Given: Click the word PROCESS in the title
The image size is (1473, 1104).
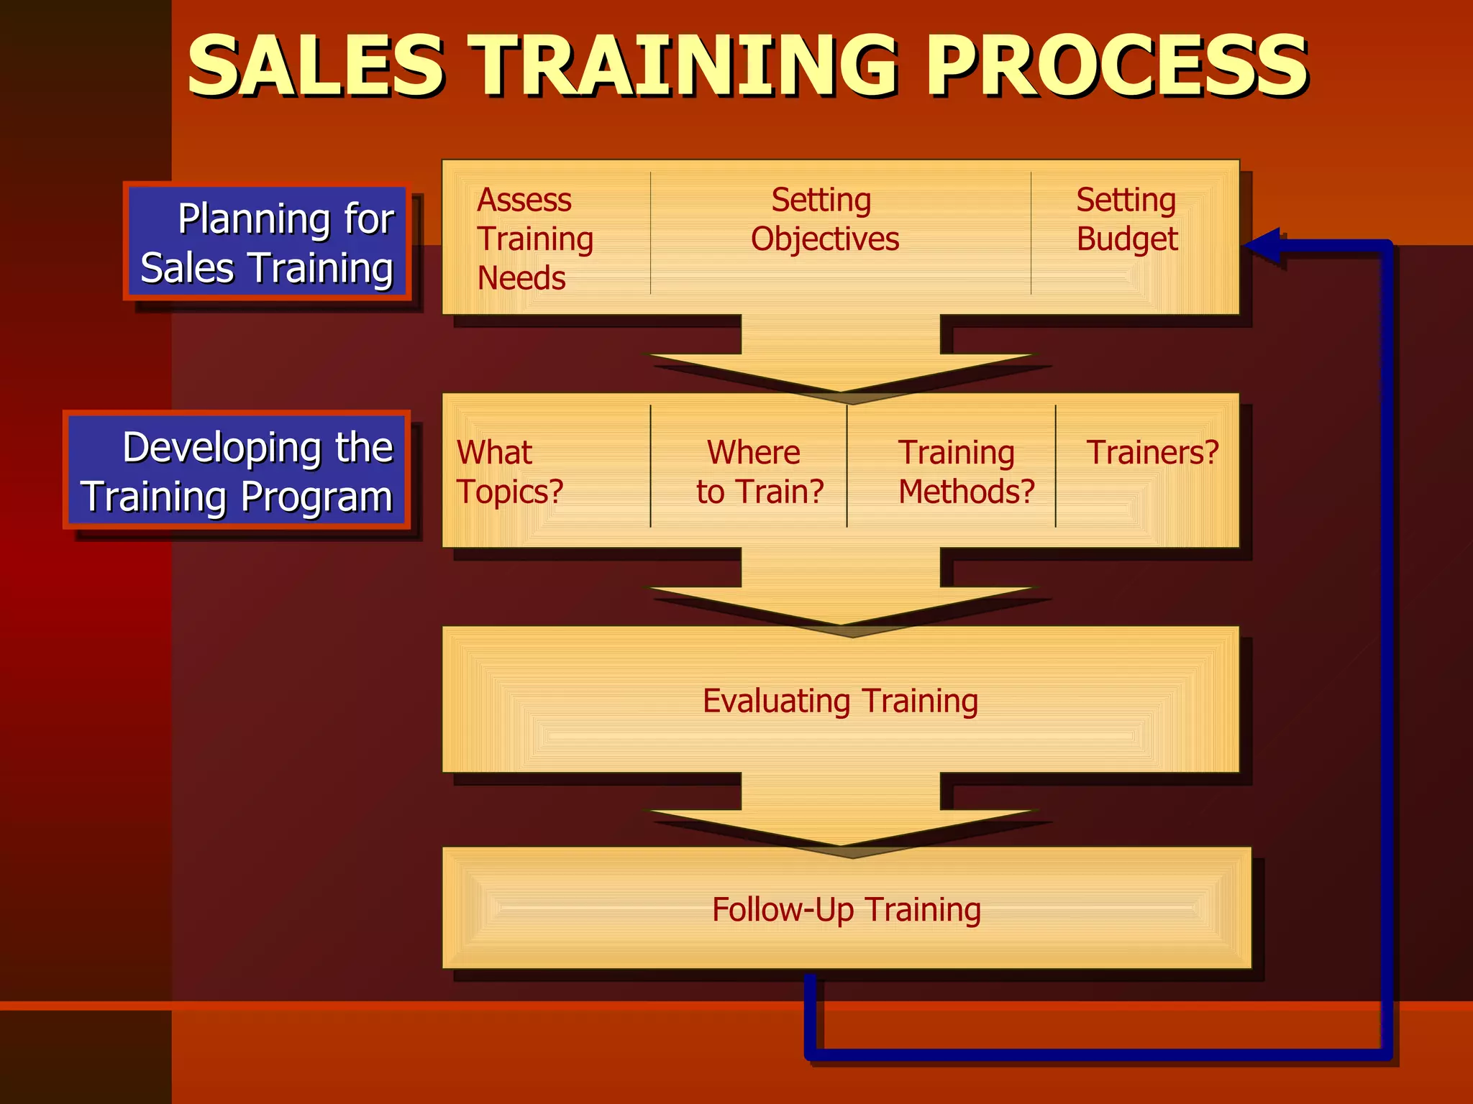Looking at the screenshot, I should pos(1116,66).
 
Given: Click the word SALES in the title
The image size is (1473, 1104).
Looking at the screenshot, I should pos(315,66).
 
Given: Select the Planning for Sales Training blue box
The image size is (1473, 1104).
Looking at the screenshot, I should pos(267,242).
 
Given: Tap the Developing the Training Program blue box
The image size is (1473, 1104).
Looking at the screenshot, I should pos(237,471).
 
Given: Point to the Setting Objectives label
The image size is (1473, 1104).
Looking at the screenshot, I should pos(824,219).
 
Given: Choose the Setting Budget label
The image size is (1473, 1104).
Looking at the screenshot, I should pos(1126,219).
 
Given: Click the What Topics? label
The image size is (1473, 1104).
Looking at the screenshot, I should pos(509,471).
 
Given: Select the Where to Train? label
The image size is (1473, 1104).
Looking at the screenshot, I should pos(758,471).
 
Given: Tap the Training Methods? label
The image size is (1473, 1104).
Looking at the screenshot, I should pos(965,471).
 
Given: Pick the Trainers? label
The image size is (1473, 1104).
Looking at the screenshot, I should pos(1152,453).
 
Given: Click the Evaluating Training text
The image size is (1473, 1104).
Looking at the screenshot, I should pos(840,701).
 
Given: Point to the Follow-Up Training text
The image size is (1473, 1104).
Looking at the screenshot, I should pos(846,909).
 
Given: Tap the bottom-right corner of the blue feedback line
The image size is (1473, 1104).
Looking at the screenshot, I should pos(1387,1054).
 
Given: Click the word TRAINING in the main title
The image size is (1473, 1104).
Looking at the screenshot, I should pos(683,66).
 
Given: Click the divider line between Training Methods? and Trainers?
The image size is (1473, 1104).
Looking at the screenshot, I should pos(1055,466).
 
